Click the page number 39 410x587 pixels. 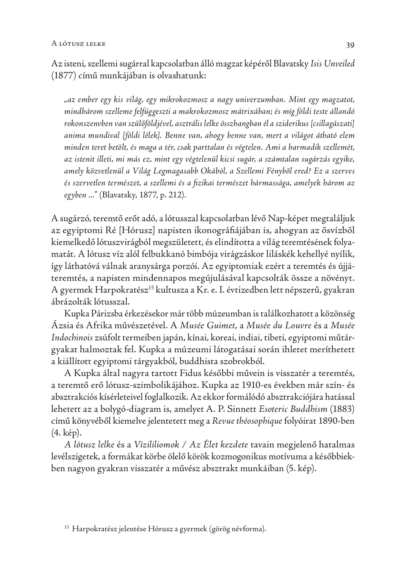pyautogui.click(x=350, y=45)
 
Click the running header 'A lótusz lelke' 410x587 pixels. pyautogui.click(x=78, y=44)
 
